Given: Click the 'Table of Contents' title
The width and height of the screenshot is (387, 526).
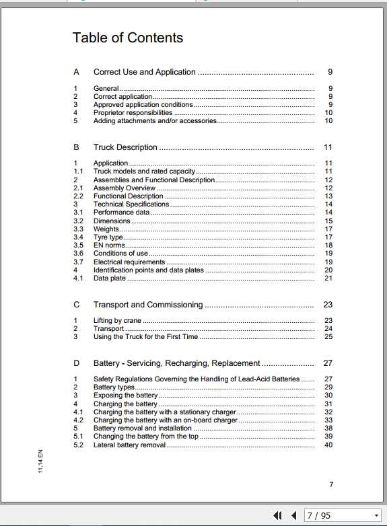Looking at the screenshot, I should tap(128, 38).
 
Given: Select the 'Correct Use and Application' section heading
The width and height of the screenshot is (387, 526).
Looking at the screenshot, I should tap(144, 72).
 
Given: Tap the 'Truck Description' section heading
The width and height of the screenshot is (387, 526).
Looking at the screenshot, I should tap(125, 147).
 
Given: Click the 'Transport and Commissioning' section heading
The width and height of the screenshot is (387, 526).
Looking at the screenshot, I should tap(147, 305).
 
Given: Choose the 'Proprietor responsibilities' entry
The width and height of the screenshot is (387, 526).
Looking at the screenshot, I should tap(133, 113).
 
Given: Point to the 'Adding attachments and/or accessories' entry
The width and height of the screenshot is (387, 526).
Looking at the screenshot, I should tap(155, 121).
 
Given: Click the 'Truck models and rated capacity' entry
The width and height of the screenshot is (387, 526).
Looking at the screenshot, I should tap(144, 172).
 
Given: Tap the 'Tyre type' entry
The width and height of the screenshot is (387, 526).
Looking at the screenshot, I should tap(108, 237).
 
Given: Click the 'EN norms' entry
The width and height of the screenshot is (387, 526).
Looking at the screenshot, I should tap(109, 246).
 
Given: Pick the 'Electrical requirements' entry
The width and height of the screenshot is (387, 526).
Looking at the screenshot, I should tap(129, 262).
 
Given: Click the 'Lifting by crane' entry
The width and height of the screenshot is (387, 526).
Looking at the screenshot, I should tap(117, 321).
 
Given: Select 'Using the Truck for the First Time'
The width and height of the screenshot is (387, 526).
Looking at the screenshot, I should tap(145, 337).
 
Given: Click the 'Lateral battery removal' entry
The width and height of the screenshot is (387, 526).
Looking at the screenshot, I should tap(129, 445).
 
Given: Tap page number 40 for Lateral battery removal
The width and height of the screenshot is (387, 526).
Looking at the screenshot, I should tap(328, 445).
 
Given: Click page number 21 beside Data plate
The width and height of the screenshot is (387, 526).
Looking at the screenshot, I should tap(328, 278).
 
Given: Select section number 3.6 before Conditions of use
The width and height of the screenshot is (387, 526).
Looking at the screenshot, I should tap(79, 254).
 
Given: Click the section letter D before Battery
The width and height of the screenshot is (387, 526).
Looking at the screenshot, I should tap(77, 363).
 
